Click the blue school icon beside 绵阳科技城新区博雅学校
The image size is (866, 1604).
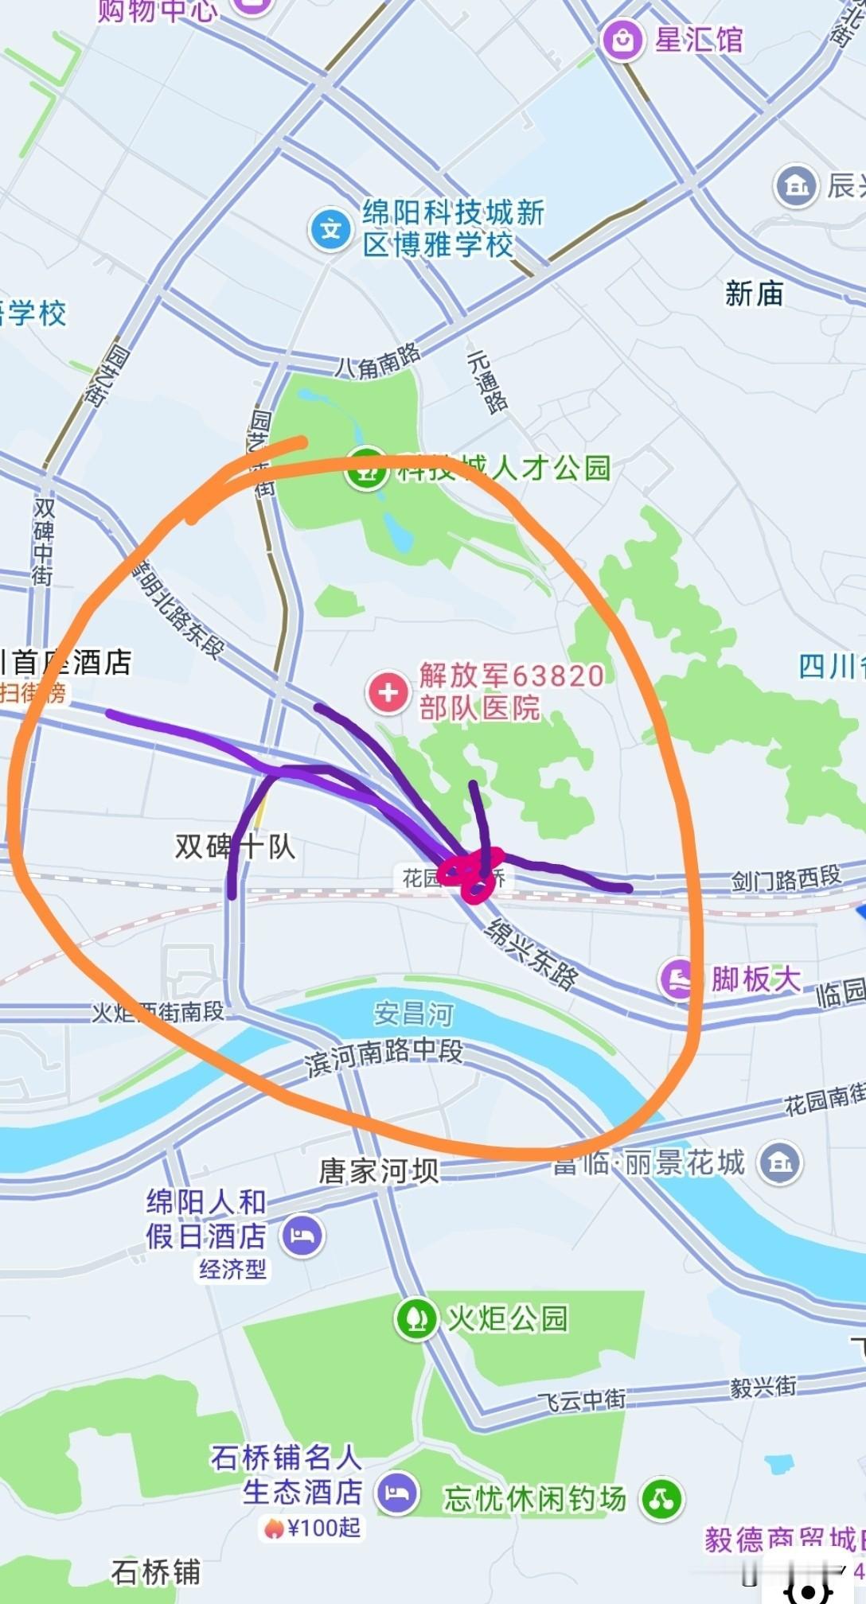[x=330, y=230]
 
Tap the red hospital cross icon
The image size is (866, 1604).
[x=388, y=692]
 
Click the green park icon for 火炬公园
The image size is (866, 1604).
[x=415, y=1318]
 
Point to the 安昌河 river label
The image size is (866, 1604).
[x=413, y=1014]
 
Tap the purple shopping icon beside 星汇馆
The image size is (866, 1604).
[x=622, y=38]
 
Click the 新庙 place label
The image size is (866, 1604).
[x=754, y=294]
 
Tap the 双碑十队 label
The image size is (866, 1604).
[x=236, y=847]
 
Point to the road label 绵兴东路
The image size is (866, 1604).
[x=531, y=953]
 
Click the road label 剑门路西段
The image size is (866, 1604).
[x=786, y=878]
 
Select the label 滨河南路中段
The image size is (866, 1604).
[x=384, y=1056]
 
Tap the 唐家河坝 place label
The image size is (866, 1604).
[x=379, y=1170]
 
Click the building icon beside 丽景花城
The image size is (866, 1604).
[x=780, y=1163]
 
